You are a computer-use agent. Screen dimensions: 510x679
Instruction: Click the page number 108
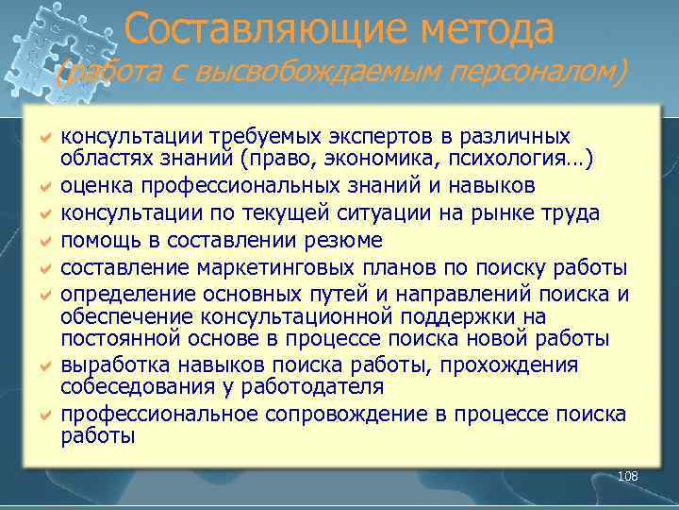point(628,476)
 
